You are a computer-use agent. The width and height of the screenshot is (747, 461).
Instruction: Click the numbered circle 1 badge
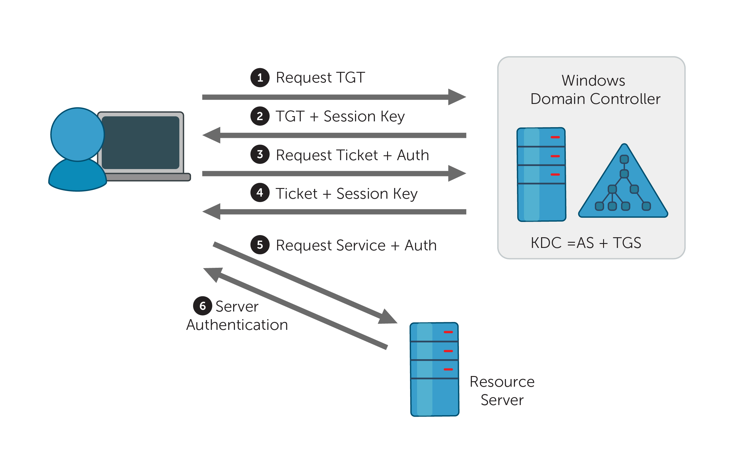tap(260, 78)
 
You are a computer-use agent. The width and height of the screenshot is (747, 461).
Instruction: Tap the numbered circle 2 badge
tap(260, 116)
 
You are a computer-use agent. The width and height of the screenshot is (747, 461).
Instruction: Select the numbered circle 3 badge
tap(260, 154)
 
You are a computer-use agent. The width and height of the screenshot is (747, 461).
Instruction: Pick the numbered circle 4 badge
tap(260, 193)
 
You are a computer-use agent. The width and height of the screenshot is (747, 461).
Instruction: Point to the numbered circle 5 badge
tap(260, 245)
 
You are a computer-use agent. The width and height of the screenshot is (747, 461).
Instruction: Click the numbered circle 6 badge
tap(203, 306)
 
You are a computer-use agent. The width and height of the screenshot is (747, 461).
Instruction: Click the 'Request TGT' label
tap(320, 78)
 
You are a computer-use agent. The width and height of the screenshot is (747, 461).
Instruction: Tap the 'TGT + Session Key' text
tap(340, 116)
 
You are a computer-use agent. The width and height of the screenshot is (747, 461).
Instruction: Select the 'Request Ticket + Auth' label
tap(352, 155)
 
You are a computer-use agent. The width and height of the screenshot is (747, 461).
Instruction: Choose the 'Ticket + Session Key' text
tap(346, 194)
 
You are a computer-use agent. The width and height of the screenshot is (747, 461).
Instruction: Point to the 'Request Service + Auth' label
tap(356, 245)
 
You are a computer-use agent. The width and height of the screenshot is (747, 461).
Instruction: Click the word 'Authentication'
tap(237, 325)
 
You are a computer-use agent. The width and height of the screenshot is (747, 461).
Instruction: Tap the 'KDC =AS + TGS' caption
tap(586, 243)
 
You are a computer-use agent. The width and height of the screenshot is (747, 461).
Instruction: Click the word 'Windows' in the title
tap(593, 81)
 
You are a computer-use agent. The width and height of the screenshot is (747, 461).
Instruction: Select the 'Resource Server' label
tap(502, 391)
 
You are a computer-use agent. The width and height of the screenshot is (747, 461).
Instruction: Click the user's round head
tap(78, 135)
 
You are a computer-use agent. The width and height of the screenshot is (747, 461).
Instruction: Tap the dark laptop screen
tap(141, 142)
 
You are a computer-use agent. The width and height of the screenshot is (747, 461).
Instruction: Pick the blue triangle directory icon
tap(623, 186)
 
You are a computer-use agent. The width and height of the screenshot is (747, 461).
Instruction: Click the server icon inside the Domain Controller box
tap(541, 174)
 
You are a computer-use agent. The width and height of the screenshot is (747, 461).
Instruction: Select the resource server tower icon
tap(434, 369)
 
